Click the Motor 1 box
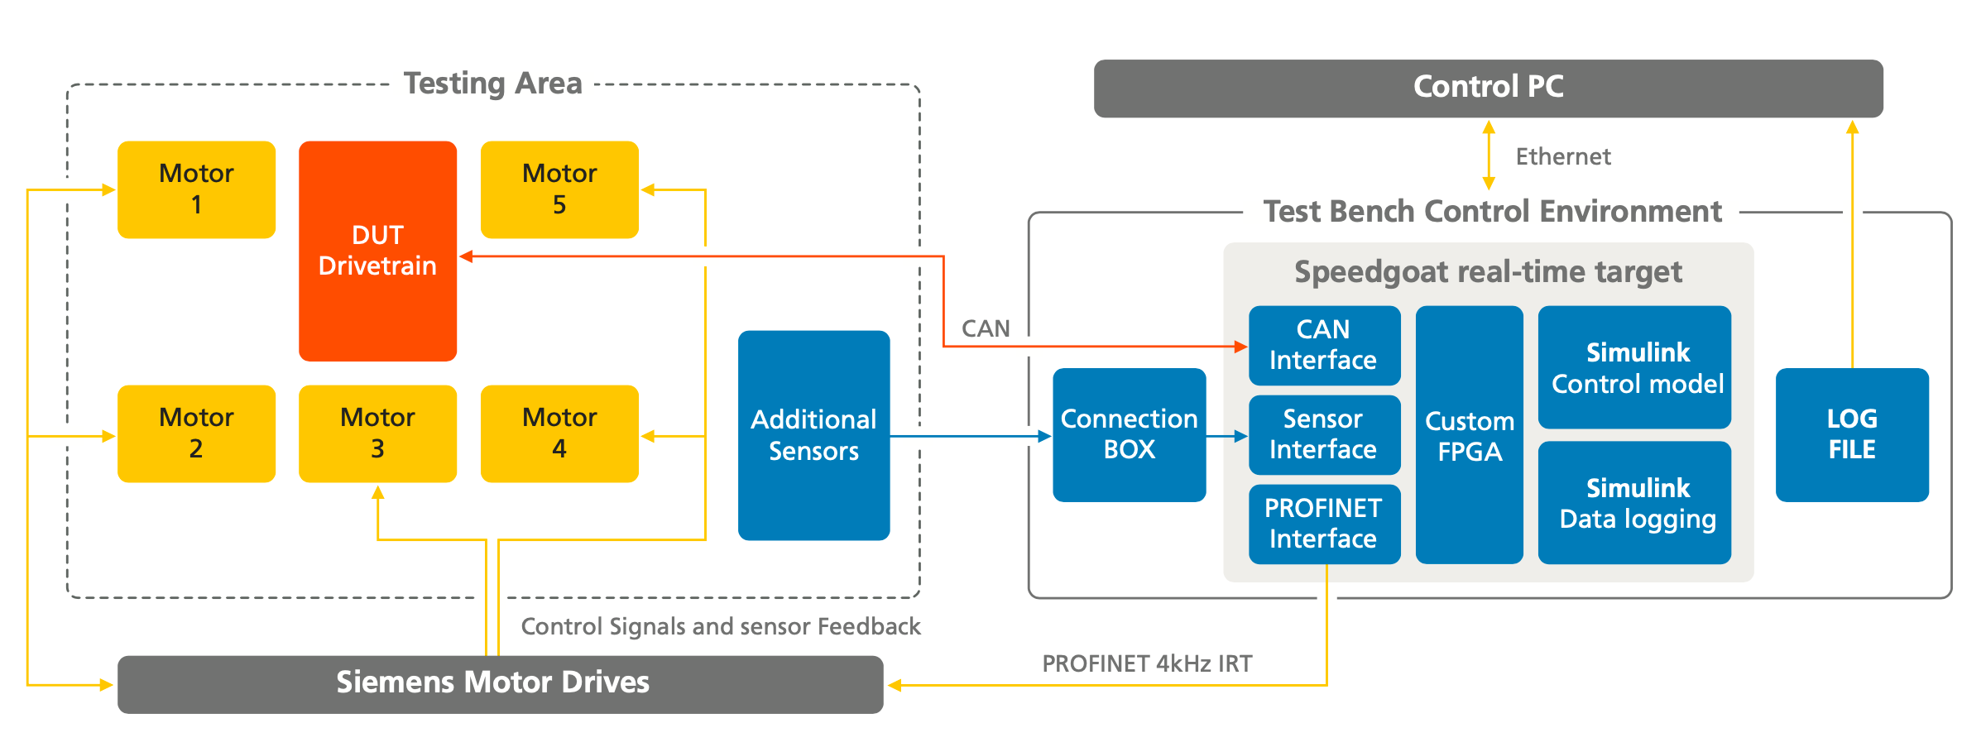(x=196, y=189)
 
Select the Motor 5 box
(x=559, y=189)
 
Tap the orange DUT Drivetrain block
(x=377, y=251)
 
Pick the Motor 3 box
(x=377, y=433)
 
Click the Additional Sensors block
(x=813, y=435)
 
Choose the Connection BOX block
(x=1129, y=434)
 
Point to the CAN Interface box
(x=1323, y=345)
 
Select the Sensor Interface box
(x=1323, y=434)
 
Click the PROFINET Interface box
(x=1323, y=524)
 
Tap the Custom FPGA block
(x=1469, y=435)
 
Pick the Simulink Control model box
(x=1634, y=367)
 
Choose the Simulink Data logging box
(x=1634, y=503)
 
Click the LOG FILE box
(x=1852, y=434)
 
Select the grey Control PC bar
(x=1488, y=88)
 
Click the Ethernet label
(x=1562, y=156)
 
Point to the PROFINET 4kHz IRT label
(x=1147, y=663)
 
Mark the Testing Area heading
(x=493, y=84)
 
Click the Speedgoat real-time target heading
(x=1488, y=272)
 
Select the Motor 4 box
(x=559, y=433)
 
